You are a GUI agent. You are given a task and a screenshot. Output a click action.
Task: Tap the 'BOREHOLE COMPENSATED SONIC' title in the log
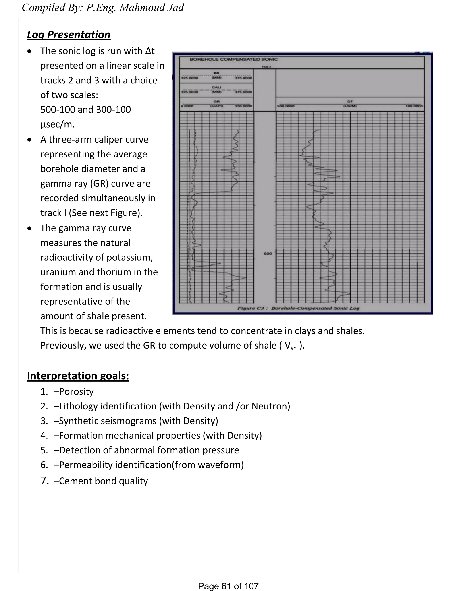coord(233,59)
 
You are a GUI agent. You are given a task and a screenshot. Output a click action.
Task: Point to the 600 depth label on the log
coord(268,254)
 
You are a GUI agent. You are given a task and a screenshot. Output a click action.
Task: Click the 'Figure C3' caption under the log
coord(298,308)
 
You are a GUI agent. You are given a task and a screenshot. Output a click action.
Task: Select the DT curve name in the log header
coord(350,101)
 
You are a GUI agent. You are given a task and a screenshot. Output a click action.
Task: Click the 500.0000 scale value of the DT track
coord(286,106)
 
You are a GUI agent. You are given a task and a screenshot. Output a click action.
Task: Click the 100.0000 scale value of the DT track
coord(414,106)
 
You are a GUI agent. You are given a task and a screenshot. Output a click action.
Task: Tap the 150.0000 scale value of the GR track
coord(243,106)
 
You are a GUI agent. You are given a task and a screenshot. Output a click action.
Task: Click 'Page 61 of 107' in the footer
coord(228,586)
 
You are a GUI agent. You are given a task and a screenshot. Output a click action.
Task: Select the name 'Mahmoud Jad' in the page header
coord(152,8)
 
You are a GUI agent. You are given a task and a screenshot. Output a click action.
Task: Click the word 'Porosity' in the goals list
coord(76,392)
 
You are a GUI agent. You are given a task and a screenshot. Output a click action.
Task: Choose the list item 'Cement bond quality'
coord(103,481)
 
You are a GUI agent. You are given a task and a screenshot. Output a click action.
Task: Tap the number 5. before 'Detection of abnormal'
coord(44,450)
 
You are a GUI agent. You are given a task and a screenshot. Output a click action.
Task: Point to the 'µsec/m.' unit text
coord(57,124)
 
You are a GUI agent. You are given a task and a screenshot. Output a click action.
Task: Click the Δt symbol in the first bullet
coord(150,51)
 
